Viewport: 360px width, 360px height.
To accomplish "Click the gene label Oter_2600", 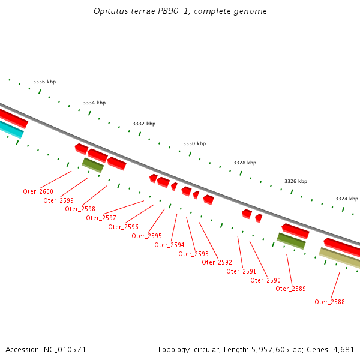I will (38, 191).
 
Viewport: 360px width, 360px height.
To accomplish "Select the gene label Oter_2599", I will (58, 200).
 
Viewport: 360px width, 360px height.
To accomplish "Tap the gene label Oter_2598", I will (80, 209).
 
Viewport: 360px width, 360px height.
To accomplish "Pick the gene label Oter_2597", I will (101, 218).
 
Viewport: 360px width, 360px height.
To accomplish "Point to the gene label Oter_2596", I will (123, 227).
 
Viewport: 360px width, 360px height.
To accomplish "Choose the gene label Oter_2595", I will (146, 236).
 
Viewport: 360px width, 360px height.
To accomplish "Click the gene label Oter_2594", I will (169, 245).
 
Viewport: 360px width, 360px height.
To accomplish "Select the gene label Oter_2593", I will (193, 254).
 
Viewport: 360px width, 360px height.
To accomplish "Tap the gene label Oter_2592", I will (217, 262).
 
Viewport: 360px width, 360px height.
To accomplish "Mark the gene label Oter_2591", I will (241, 271).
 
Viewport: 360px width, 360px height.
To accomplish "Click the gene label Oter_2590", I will (265, 280).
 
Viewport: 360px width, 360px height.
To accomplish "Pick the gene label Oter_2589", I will (290, 289).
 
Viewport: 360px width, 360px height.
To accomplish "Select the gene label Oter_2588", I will (329, 302).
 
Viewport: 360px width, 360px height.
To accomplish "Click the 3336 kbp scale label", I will (44, 82).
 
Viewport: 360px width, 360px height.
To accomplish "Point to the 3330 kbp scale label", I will (194, 144).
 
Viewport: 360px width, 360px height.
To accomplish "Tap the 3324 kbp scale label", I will (346, 199).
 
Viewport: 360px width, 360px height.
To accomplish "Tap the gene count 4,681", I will (343, 349).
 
